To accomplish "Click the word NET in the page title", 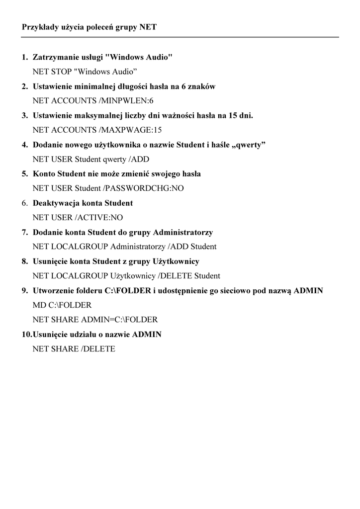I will click(148, 27).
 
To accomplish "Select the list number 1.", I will click(24, 58).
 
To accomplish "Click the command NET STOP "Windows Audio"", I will click(85, 72).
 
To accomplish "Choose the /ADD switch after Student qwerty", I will click(139, 160).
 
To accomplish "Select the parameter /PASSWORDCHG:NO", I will click(142, 188).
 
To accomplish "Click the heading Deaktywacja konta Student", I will click(83, 203).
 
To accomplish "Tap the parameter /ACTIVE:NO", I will click(99, 217).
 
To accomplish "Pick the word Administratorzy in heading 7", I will click(183, 232).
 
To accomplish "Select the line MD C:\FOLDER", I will click(62, 305).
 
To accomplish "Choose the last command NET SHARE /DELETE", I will click(74, 349).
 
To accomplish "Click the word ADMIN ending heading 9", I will click(308, 290).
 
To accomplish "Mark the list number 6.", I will click(24, 203).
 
